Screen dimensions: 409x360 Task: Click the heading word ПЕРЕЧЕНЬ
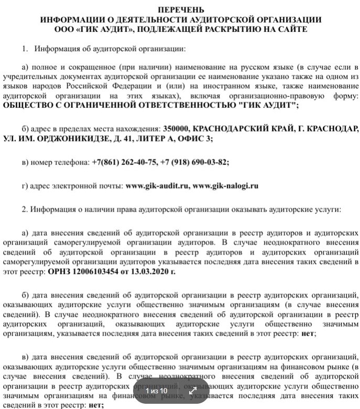180,10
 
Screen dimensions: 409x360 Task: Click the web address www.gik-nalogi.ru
226,185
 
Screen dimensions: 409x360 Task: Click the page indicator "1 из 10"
156,391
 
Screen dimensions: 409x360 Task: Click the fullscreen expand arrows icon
192,391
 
